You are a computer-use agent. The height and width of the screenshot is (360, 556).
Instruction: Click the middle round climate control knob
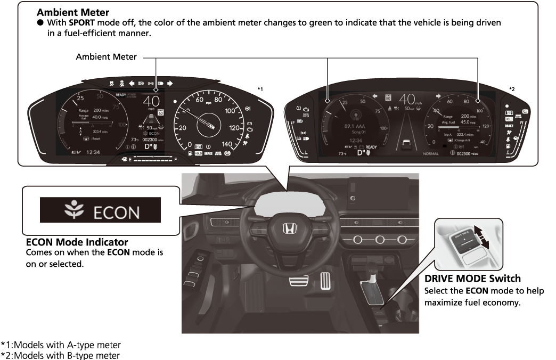click(x=381, y=239)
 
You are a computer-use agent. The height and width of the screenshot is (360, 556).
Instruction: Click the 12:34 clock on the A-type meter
click(x=94, y=152)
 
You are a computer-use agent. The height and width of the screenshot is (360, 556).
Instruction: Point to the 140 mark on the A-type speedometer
click(x=227, y=144)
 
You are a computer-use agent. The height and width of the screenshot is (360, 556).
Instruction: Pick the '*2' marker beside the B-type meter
click(x=512, y=88)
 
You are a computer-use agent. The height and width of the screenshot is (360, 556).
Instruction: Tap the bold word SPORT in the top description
click(x=79, y=23)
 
